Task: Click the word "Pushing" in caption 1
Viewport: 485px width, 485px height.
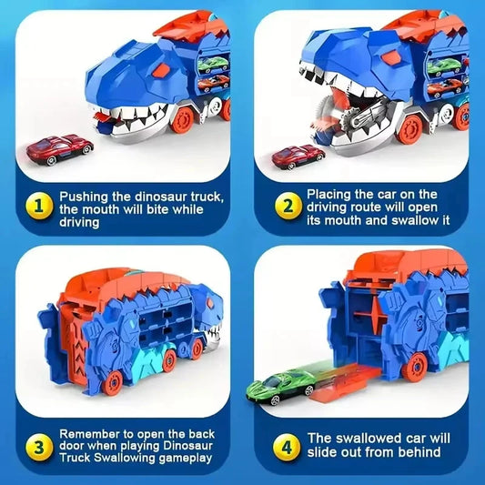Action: (86, 196)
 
